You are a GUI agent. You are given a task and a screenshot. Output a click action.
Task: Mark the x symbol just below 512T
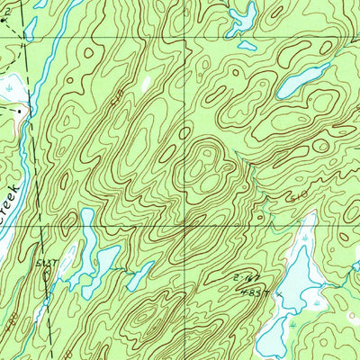coord(48,274)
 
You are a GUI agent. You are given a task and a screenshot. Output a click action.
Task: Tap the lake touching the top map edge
coord(242,15)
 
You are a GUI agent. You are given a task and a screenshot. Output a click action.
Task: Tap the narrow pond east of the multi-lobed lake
coord(139,275)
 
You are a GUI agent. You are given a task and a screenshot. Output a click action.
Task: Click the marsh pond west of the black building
coord(7,88)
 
